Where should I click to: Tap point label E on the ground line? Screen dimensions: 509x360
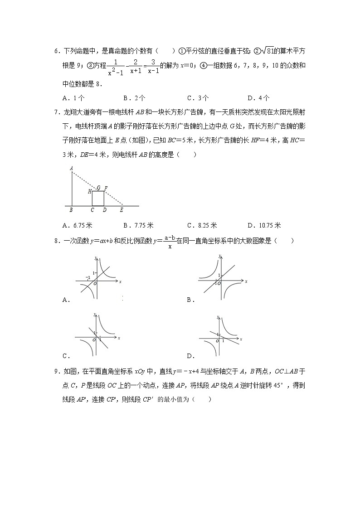(122, 210)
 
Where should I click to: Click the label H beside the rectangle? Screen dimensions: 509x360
(90, 192)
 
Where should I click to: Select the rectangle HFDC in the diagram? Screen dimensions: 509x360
(98, 199)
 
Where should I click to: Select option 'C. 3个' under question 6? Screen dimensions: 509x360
(198, 97)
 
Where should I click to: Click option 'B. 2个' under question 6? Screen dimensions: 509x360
(134, 97)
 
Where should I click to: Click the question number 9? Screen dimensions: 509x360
(55, 372)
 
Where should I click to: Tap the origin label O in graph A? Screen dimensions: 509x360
(95, 284)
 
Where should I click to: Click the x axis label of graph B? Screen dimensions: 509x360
(246, 281)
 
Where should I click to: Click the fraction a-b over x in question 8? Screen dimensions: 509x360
(170, 242)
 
